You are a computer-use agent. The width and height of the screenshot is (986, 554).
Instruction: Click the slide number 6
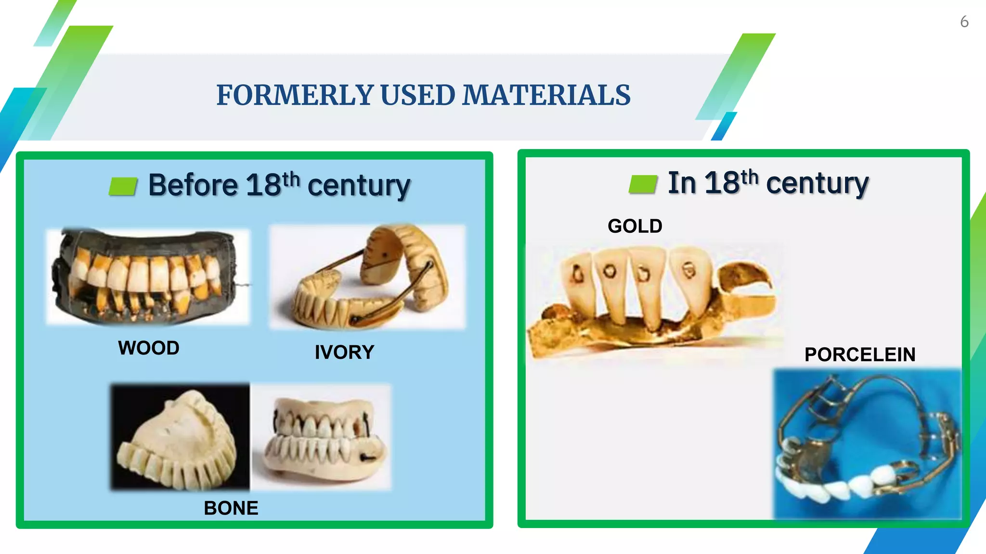[964, 22]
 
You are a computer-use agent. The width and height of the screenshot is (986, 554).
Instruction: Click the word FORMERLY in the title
[295, 95]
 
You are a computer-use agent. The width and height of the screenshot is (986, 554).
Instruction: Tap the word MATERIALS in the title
[546, 95]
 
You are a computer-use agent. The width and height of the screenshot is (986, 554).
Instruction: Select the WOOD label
[149, 348]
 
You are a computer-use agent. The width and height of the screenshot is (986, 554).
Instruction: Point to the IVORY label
[344, 352]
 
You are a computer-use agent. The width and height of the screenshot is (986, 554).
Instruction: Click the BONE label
[231, 508]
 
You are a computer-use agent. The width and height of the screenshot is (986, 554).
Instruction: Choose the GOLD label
[635, 226]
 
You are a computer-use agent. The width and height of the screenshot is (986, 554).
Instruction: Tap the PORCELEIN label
[860, 354]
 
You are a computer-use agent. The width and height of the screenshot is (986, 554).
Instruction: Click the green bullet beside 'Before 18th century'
[123, 186]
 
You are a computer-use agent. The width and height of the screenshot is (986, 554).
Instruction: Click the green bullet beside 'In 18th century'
[643, 184]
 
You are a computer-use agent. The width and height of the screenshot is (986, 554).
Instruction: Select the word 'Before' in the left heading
[193, 185]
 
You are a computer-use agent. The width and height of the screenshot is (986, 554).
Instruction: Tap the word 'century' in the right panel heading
[817, 183]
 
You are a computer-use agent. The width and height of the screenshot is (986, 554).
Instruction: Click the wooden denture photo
[148, 277]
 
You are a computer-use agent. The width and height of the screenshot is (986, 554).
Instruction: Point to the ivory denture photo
[368, 277]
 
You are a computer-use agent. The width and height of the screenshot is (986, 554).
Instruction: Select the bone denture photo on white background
[321, 437]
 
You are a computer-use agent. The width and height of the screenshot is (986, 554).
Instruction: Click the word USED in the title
[417, 95]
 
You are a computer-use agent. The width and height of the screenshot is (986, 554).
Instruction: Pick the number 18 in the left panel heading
[263, 185]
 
